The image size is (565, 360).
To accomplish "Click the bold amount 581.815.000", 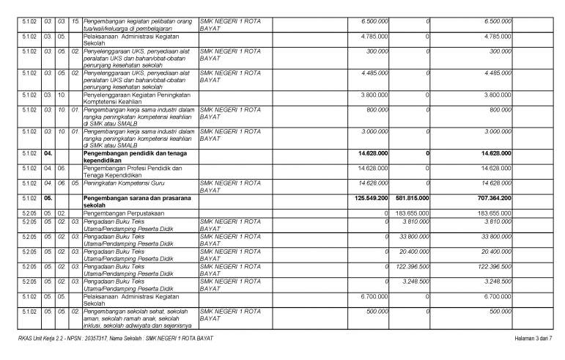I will pyautogui.click(x=413, y=198).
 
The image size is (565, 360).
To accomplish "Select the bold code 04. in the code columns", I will pyautogui.click(x=48, y=153).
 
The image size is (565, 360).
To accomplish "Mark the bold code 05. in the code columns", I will pyautogui.click(x=48, y=198).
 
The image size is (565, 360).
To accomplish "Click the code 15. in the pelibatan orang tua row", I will pyautogui.click(x=75, y=21).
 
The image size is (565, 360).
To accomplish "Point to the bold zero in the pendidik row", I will pyautogui.click(x=427, y=153).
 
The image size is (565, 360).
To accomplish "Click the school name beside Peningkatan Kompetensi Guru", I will pyautogui.click(x=230, y=183).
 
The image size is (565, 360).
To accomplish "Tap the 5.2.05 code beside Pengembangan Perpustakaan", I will pyautogui.click(x=29, y=213).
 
